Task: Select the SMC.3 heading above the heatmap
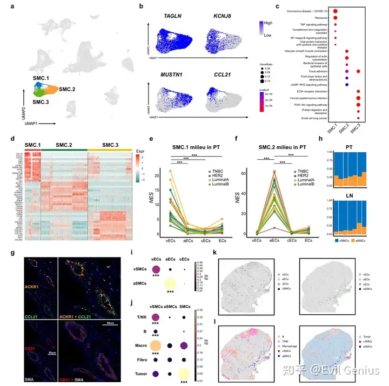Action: [110, 130]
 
